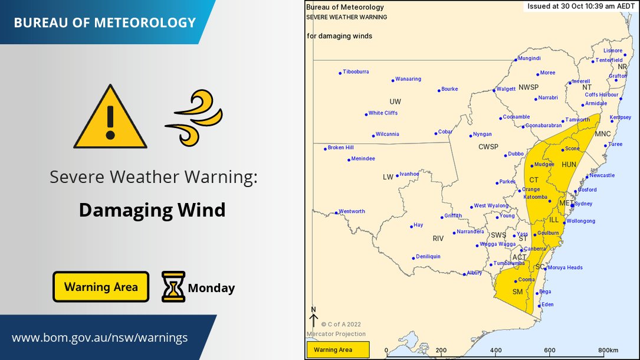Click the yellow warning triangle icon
(110, 117)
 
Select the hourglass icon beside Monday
(173, 287)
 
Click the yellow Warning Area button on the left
(101, 287)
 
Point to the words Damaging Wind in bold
(152, 210)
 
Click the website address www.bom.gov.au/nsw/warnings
(100, 338)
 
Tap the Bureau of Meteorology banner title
(104, 23)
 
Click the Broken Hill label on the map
(340, 148)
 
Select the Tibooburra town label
(356, 72)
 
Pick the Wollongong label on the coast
(580, 221)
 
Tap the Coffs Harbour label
(601, 94)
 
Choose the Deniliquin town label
(428, 257)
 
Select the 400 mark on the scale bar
(495, 350)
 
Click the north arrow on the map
(314, 319)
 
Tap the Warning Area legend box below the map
(337, 350)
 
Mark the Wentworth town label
(352, 211)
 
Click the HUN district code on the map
(569, 165)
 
